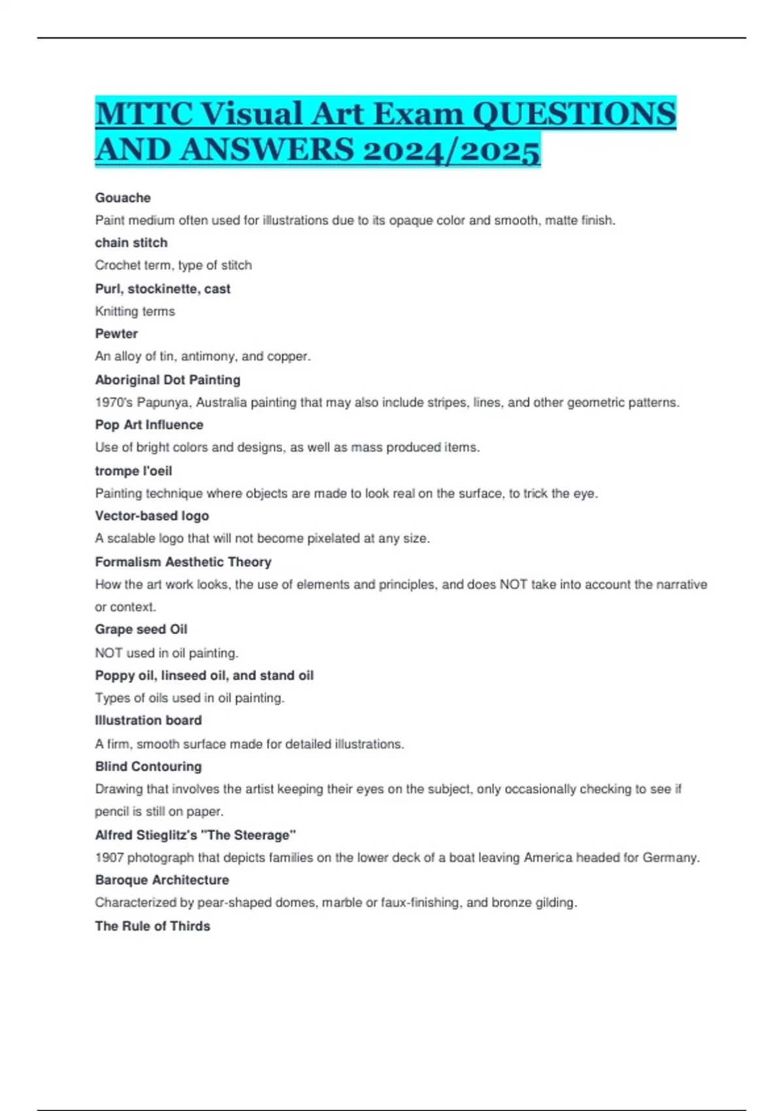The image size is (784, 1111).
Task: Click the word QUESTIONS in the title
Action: click(x=574, y=114)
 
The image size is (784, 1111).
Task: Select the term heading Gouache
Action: click(x=123, y=197)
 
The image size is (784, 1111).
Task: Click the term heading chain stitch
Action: click(x=131, y=242)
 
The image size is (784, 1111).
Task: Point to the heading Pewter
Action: click(x=116, y=333)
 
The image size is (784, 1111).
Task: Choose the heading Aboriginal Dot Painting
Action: click(x=168, y=380)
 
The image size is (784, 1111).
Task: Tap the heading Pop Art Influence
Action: click(x=149, y=425)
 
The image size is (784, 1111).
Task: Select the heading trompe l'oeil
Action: click(x=133, y=471)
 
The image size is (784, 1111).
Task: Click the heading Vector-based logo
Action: click(x=152, y=516)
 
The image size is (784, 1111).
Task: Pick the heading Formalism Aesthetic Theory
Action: click(x=183, y=562)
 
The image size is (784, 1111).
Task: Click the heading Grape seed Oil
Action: click(x=141, y=629)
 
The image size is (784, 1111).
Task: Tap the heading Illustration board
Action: click(x=148, y=720)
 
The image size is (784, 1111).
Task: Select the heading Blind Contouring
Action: click(x=148, y=766)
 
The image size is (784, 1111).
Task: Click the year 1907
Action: click(x=109, y=857)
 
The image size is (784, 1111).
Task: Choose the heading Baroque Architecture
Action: click(x=162, y=880)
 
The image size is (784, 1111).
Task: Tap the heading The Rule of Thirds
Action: click(x=152, y=926)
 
